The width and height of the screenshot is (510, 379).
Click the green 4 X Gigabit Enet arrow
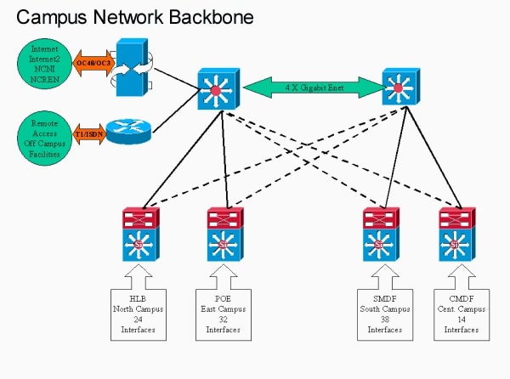click(311, 85)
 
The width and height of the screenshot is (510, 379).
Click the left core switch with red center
click(215, 88)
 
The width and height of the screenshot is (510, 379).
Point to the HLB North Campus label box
click(134, 313)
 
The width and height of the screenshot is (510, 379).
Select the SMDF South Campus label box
click(379, 313)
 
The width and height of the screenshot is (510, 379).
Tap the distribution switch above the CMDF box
click(458, 234)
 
